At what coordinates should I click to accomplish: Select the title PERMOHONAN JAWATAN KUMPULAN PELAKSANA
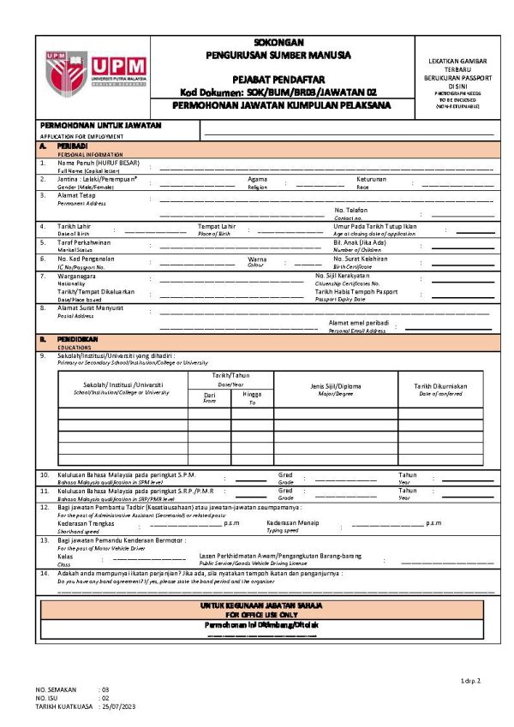[x=281, y=105]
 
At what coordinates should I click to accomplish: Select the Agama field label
[x=258, y=179]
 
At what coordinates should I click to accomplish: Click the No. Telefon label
[x=350, y=211]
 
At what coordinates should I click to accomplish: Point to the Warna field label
[x=257, y=259]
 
